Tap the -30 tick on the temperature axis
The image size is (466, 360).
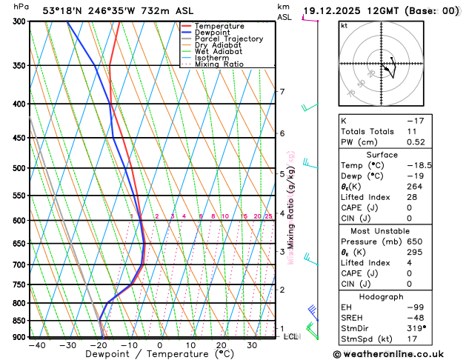click(67, 345)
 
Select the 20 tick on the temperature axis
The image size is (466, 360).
click(222, 345)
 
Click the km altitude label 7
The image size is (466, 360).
click(282, 92)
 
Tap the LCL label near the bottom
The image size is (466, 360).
click(291, 336)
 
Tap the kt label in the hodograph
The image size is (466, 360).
click(344, 25)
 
